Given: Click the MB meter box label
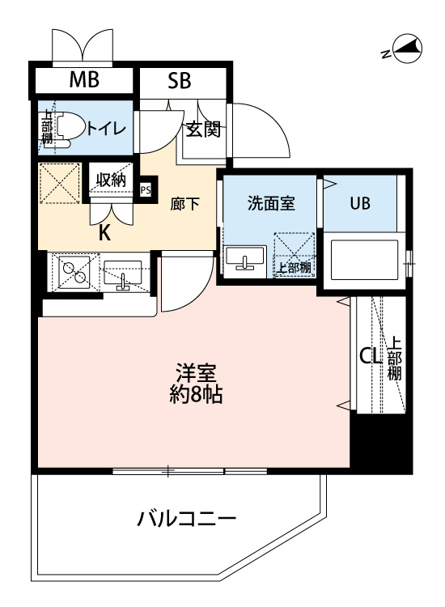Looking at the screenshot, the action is pos(84,79).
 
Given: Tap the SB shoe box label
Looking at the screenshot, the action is pos(179,80).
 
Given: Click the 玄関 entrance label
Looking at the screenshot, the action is pos(204,129).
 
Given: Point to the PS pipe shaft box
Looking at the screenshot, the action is pos(146,190).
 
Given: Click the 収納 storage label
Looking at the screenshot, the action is pos(111,180).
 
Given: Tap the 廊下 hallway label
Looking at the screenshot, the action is pos(185,204).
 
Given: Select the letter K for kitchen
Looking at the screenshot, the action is pos(104,233).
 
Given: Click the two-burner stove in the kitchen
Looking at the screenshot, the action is pos(74,271).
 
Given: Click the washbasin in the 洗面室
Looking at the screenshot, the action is pos(244,259).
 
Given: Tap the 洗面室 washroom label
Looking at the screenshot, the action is pos(271,203).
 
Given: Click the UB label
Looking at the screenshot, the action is pos(360,203).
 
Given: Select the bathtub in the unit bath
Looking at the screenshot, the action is pos(365,260).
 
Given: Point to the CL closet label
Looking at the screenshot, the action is pos(371,356).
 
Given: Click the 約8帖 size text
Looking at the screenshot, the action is pos(196,395).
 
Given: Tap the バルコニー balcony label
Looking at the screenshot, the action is pos(187,519).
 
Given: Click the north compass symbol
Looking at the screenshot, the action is pos(407,49).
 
